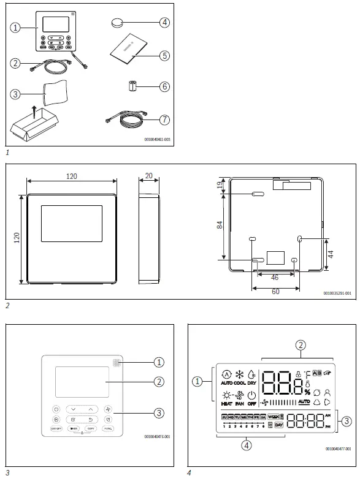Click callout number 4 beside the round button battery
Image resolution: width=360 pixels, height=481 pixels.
click(164, 23)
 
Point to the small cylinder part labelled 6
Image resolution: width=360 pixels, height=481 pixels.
click(131, 86)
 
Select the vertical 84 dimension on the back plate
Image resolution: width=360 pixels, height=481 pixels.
click(220, 225)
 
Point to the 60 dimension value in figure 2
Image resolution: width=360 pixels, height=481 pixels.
click(275, 292)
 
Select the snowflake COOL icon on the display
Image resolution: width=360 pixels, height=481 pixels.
click(240, 374)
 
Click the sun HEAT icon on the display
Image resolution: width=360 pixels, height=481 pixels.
click(227, 397)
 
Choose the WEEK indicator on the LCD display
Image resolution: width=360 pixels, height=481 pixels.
click(273, 417)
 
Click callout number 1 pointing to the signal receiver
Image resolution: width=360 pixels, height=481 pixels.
click(158, 362)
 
